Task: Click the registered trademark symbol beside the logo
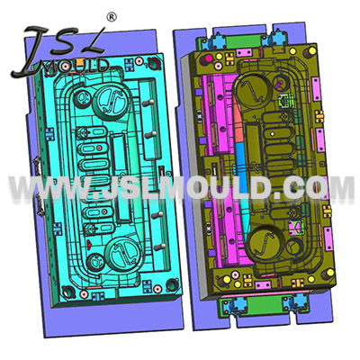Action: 112,16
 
